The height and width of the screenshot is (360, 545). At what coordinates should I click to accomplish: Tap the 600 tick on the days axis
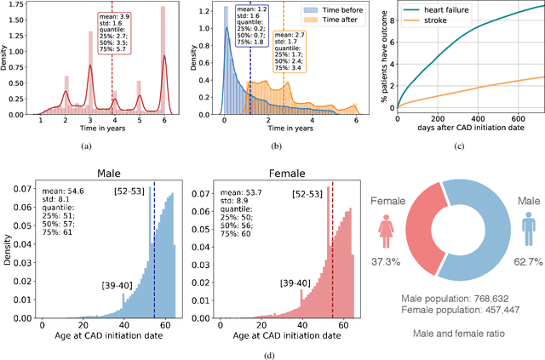click(516, 119)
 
